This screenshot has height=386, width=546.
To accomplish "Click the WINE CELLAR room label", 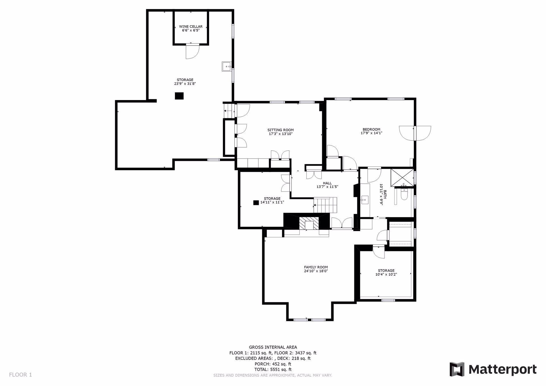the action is (x=191, y=26).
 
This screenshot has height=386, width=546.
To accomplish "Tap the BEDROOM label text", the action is (x=371, y=129).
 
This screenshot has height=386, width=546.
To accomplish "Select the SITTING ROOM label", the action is (x=280, y=130).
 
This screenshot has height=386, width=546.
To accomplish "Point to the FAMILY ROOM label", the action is (x=316, y=267).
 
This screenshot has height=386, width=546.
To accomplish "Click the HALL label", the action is (x=327, y=183).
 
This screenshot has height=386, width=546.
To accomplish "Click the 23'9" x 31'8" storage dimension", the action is (x=185, y=84).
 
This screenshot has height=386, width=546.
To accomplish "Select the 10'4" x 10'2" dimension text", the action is (x=386, y=274).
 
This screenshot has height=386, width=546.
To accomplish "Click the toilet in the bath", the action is (x=404, y=194).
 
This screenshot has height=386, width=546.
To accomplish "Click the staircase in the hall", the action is (x=325, y=205).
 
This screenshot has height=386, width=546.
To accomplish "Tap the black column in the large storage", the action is (x=179, y=96).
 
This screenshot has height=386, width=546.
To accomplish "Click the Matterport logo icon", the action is (x=457, y=369).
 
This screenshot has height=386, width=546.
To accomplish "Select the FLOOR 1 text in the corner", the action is (x=20, y=375).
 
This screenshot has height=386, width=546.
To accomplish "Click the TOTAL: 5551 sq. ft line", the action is (x=273, y=370).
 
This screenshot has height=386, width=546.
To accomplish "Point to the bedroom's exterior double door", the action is (x=415, y=133).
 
